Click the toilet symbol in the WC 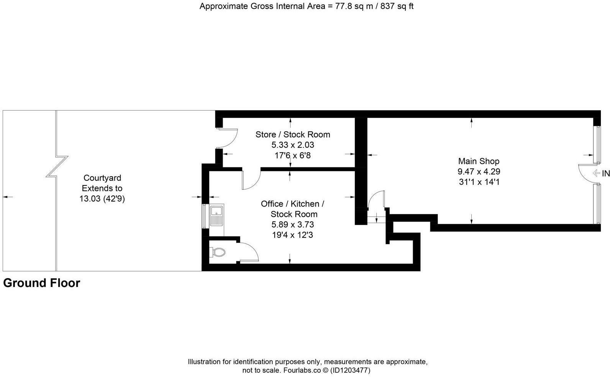click(x=218, y=252)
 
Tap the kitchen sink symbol click(x=216, y=215)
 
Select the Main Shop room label click(x=479, y=161)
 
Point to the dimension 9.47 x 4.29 click(x=479, y=172)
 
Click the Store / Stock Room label click(x=293, y=134)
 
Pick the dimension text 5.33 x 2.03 click(x=293, y=145)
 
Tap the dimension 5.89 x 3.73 click(x=293, y=225)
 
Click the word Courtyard click(x=102, y=178)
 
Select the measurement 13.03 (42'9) click(x=102, y=199)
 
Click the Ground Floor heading click(x=41, y=283)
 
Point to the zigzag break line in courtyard click(x=57, y=167)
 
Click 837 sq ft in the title click(x=397, y=7)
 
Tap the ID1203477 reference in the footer click(x=350, y=370)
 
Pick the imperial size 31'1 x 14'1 click(x=479, y=182)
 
